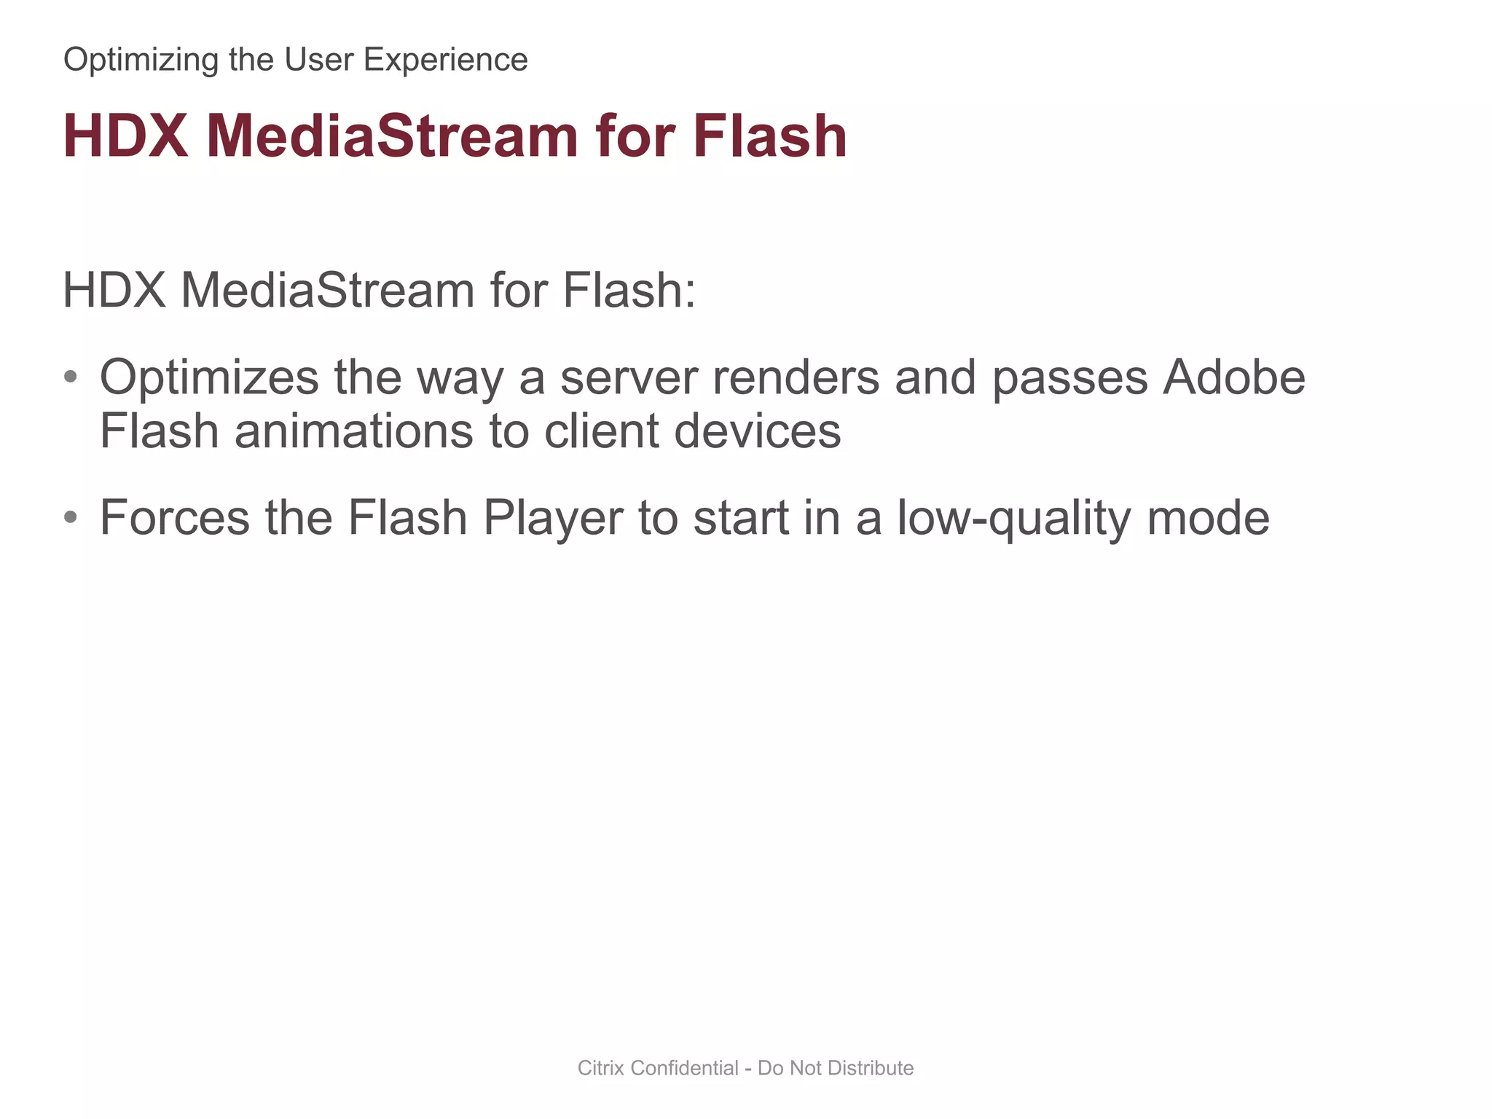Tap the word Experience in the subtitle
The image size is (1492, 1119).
pos(445,60)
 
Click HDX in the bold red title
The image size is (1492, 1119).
pos(125,136)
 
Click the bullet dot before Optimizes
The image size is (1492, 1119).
pos(71,377)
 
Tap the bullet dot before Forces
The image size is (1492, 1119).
pos(71,517)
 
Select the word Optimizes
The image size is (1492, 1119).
pos(209,378)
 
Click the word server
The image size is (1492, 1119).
pos(629,378)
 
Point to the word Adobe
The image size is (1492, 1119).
pos(1233,378)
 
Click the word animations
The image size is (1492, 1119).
pos(353,431)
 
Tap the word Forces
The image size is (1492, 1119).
pos(175,518)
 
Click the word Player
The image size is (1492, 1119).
pos(553,518)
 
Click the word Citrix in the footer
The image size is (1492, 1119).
pos(601,1068)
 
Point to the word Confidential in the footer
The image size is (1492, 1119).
pos(685,1068)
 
